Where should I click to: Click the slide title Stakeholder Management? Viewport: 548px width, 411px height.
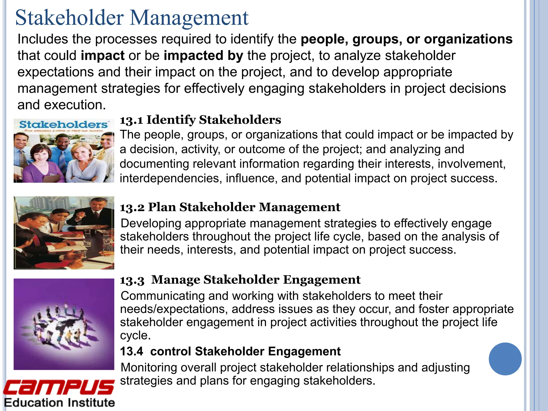point(132,18)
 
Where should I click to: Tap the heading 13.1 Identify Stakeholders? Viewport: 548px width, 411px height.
point(200,120)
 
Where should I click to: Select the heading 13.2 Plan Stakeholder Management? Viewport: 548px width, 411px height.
point(230,207)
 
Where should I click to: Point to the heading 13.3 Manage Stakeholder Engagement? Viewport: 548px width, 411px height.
point(240,280)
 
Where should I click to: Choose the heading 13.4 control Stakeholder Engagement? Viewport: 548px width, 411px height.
point(230,351)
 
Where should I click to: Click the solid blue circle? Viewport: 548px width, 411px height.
point(505,359)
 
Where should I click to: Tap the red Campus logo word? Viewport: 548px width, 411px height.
point(59,387)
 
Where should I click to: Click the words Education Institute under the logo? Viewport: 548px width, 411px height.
point(59,403)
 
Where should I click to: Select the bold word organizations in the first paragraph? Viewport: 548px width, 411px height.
point(468,39)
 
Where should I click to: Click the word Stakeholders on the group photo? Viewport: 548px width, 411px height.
point(63,124)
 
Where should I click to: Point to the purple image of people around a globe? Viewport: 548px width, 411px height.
point(64,324)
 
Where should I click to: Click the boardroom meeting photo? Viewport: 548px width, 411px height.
point(64,233)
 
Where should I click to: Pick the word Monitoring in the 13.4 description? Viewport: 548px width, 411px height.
point(149,368)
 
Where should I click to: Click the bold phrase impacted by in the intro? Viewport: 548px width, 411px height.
point(203,56)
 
